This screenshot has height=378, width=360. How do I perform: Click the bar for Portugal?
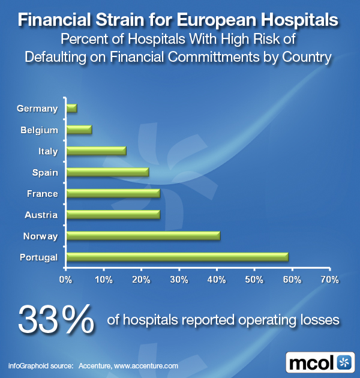click(177, 257)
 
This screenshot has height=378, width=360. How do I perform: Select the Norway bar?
click(143, 236)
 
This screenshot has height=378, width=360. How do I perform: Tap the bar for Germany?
click(71, 109)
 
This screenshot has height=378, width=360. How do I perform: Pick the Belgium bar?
click(79, 130)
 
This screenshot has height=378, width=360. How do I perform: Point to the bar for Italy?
click(96, 151)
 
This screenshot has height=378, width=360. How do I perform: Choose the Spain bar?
click(107, 172)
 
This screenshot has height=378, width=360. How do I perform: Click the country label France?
click(42, 194)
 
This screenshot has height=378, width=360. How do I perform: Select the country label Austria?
click(41, 215)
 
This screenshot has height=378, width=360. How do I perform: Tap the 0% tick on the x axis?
click(65, 280)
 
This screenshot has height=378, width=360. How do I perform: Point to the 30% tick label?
click(179, 280)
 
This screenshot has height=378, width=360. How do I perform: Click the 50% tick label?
click(254, 280)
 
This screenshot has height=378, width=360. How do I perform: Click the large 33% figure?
click(56, 319)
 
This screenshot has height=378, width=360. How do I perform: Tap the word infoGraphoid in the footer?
click(30, 365)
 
